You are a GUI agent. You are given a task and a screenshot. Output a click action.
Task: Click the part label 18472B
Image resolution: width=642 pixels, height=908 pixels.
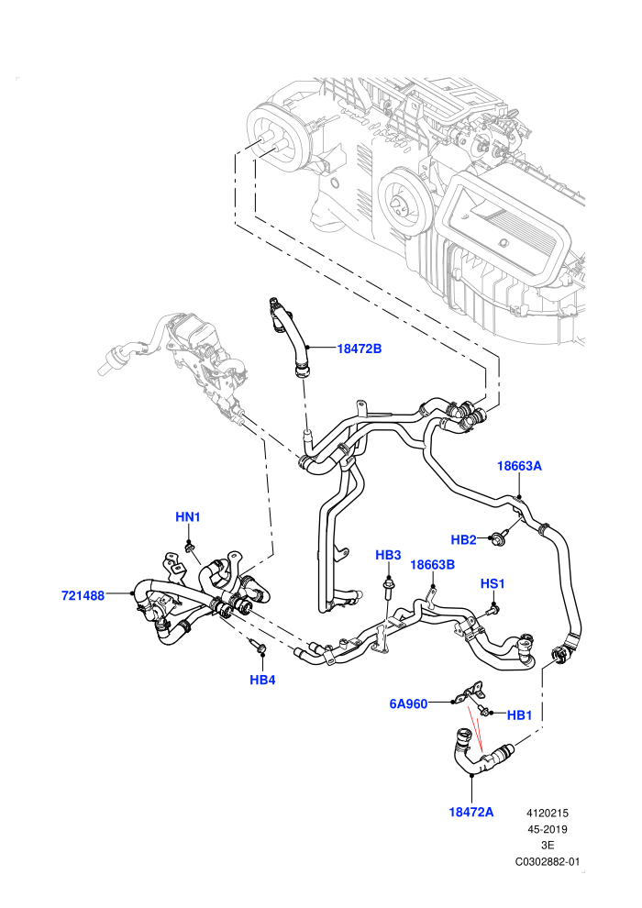point(360,349)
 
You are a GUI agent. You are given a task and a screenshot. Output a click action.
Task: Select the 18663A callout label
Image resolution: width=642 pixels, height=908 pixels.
point(519,466)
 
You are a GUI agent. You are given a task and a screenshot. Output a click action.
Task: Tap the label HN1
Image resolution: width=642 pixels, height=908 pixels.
point(188,516)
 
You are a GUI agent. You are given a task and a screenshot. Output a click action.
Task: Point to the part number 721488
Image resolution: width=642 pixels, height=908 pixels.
point(83,595)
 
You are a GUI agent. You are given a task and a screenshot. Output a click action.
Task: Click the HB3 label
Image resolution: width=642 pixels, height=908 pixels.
point(388,555)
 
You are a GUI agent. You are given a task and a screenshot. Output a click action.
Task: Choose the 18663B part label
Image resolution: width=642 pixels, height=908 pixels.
point(433,565)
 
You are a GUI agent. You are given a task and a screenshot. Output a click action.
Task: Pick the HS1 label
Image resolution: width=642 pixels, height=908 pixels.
point(493,583)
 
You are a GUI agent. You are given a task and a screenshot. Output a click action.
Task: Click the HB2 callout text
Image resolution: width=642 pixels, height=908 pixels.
point(463,540)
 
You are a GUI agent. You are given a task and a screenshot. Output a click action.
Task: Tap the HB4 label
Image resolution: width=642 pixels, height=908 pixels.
point(262,680)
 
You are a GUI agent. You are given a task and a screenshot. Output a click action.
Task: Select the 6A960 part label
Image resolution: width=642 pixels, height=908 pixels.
point(408,704)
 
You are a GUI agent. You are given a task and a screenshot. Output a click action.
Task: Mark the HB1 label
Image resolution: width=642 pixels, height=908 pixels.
point(519,715)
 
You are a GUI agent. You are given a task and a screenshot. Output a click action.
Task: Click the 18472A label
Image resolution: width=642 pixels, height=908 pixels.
point(471,812)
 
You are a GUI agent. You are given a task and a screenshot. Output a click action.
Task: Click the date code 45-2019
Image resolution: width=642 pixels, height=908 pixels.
point(547,829)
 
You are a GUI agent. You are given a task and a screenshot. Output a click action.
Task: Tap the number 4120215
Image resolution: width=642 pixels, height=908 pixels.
point(547,813)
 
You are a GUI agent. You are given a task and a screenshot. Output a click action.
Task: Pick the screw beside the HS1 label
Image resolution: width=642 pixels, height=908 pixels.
point(493,609)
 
